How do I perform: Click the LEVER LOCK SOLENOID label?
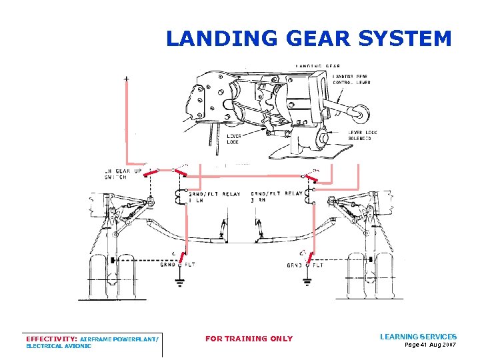[363, 135]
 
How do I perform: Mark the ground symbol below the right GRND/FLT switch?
[307, 281]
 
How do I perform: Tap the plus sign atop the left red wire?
[127, 79]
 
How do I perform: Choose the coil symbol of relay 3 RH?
[308, 195]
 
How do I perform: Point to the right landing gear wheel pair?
[370, 277]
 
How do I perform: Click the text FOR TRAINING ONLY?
[249, 339]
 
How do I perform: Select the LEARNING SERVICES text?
[418, 337]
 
